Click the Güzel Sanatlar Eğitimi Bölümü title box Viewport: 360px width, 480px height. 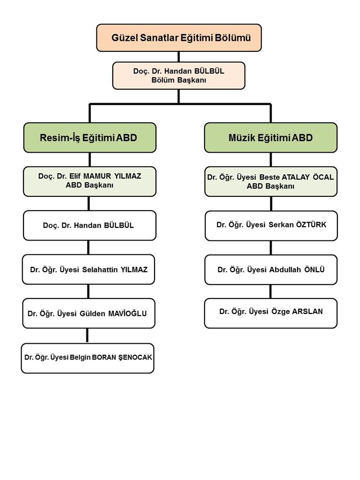(179, 37)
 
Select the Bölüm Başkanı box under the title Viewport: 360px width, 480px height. (179, 76)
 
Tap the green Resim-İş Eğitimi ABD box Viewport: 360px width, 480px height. (90, 137)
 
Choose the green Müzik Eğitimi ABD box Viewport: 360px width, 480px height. (271, 137)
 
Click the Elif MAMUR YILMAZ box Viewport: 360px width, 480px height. (90, 181)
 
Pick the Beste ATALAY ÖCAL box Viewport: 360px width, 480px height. (271, 181)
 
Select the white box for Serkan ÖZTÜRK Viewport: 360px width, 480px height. (271, 226)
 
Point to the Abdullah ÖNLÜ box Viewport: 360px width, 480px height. (271, 270)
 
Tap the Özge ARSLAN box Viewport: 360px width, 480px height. (271, 313)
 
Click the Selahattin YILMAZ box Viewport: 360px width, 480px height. (88, 269)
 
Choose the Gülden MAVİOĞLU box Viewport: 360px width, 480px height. (89, 313)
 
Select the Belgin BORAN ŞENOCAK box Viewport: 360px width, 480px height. (87, 358)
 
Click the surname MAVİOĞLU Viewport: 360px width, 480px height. (127, 313)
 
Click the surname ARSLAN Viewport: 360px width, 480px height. (307, 312)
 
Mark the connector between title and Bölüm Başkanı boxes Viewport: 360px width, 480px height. (179, 57)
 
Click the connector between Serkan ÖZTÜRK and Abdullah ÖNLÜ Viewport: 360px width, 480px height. (271, 248)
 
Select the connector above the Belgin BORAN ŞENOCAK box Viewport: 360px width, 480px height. (87, 336)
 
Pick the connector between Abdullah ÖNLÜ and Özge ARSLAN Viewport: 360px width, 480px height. (271, 292)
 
